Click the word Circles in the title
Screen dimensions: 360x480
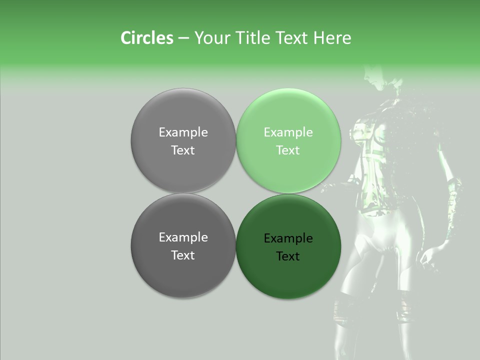[146, 38]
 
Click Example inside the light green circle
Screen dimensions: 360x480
[288, 132]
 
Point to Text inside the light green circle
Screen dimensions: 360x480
[288, 150]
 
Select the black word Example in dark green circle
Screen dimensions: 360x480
[288, 238]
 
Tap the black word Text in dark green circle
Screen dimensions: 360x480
[288, 256]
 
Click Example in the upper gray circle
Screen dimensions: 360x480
[183, 132]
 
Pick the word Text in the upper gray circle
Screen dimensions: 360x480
[183, 150]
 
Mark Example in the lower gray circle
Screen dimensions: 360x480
[183, 237]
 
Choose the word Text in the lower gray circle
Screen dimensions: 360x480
[183, 255]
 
